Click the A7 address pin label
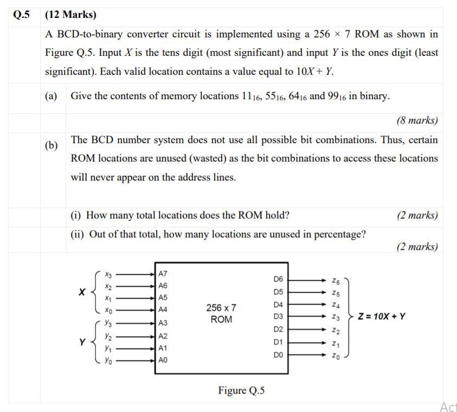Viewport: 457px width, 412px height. tap(162, 274)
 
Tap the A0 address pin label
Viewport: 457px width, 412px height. tap(162, 360)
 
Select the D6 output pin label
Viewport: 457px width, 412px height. tap(278, 279)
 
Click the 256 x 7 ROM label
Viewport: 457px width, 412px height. tap(221, 313)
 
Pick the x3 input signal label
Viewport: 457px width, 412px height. tap(109, 274)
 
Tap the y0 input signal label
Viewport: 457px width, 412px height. tap(109, 360)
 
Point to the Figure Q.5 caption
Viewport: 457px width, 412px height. tap(241, 390)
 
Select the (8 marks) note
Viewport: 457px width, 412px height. tap(417, 120)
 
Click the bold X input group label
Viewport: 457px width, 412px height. tap(81, 292)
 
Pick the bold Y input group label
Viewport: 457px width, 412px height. tap(82, 342)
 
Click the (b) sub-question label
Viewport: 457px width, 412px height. tap(52, 146)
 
